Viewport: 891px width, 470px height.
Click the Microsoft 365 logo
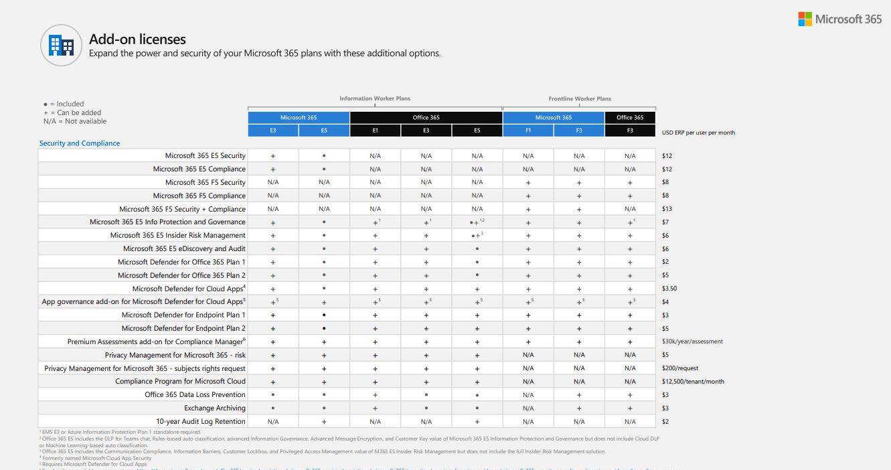coord(839,19)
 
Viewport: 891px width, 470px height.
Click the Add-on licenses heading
coord(137,39)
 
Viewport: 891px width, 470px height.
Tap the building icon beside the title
coord(61,45)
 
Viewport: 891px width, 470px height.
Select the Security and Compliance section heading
coord(80,143)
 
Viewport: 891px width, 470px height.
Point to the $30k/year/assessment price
coord(692,341)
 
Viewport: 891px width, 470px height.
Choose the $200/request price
coord(680,368)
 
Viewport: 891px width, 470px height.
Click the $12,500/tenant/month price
coord(693,382)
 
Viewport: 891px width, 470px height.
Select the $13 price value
coord(666,209)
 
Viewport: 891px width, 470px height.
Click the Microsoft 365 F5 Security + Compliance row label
coord(182,209)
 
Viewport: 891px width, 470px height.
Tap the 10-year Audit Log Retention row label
coord(201,421)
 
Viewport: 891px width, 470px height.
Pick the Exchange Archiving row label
coord(215,408)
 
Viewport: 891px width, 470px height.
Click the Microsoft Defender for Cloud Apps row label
coord(189,289)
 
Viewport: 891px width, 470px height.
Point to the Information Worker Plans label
coord(375,98)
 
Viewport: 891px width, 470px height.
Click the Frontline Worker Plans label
coord(580,98)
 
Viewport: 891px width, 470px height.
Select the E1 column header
coord(375,131)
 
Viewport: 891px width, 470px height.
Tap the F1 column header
coord(528,131)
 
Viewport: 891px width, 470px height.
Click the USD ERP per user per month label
coord(698,133)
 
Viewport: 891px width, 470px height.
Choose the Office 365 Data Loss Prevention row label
coord(195,394)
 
